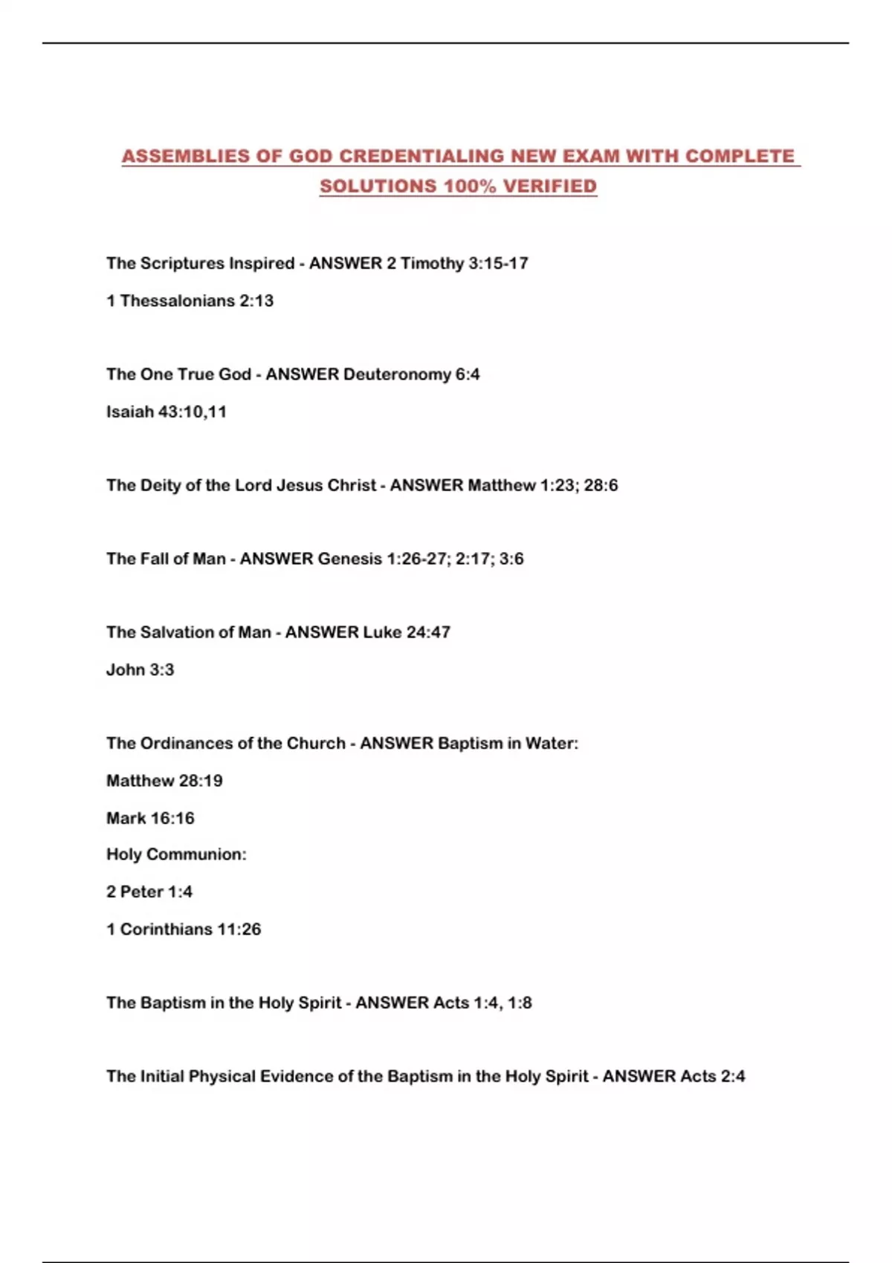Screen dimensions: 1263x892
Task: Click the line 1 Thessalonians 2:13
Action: tap(190, 301)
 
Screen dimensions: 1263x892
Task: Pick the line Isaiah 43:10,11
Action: tap(167, 412)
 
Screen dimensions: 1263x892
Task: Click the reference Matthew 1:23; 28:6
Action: tap(543, 485)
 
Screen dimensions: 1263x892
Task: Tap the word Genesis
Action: tap(349, 559)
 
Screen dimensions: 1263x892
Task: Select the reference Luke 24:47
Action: tap(406, 632)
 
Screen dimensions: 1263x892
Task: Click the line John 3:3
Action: tap(140, 669)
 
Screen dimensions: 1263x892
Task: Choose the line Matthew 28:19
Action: tap(164, 781)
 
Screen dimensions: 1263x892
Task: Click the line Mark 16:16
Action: tap(150, 818)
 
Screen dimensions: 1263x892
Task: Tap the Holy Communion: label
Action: tap(176, 854)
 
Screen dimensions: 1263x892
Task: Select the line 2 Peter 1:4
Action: tap(149, 892)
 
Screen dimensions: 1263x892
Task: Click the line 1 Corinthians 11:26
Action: tap(184, 929)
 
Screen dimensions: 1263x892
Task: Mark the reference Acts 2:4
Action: tap(711, 1077)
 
